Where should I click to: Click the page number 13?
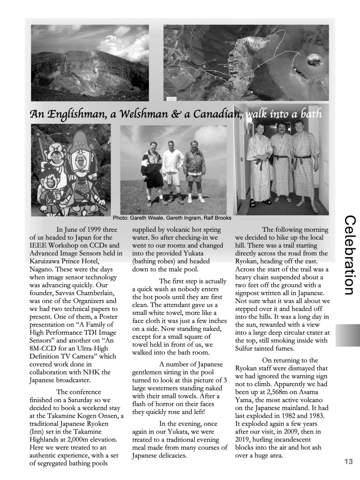tap(347, 462)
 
